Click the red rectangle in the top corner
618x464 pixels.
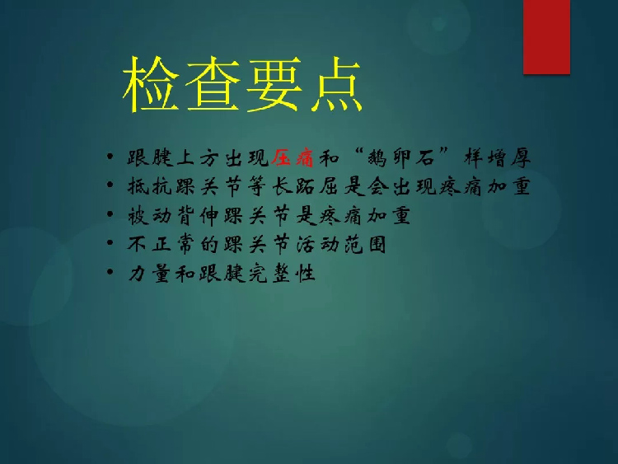click(546, 36)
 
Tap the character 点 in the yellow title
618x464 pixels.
click(336, 84)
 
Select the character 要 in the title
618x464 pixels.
click(274, 84)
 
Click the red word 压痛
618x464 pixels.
click(293, 157)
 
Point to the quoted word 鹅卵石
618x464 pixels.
click(400, 157)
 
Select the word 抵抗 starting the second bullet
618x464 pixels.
click(149, 186)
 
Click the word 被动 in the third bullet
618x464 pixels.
click(149, 216)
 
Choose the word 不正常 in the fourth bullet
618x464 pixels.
click(161, 244)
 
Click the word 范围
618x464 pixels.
click(364, 244)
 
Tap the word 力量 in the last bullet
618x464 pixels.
click(149, 273)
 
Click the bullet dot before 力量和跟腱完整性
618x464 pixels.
click(110, 272)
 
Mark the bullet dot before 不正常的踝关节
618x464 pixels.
click(110, 242)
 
